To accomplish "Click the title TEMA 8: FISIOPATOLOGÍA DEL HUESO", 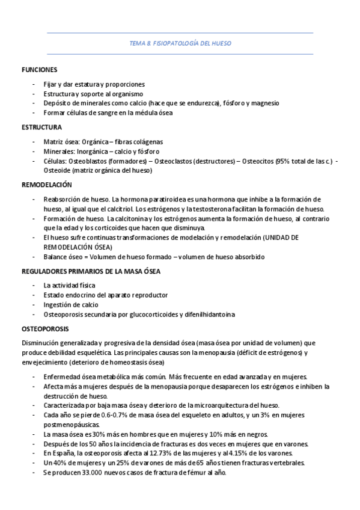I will click(180, 43).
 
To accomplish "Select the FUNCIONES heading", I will click(39, 70).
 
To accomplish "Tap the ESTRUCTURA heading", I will click(41, 127).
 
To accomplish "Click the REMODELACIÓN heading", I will click(46, 185).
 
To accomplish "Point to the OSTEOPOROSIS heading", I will click(45, 329).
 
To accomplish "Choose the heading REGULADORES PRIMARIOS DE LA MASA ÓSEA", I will click(90, 271).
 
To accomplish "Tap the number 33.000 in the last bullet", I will click(84, 473).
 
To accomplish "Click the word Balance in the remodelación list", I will click(55, 257).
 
